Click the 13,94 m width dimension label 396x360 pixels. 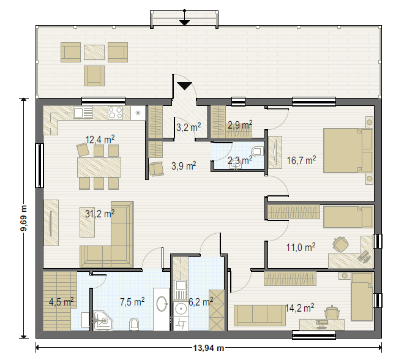[209, 348]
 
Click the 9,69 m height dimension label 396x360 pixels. [24, 218]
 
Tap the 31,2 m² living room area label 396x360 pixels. [100, 214]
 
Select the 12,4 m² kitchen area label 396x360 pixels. [100, 139]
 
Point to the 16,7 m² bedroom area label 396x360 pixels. [301, 160]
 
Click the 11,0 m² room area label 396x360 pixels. [301, 247]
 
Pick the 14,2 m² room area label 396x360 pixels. [300, 308]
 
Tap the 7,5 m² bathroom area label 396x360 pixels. [132, 302]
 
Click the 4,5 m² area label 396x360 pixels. [61, 302]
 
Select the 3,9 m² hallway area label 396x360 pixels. [184, 166]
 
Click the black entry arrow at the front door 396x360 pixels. [185, 86]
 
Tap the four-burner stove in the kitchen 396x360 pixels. [116, 113]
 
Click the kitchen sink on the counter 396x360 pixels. [83, 113]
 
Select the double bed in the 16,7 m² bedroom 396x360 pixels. [348, 151]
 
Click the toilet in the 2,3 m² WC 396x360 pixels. [257, 152]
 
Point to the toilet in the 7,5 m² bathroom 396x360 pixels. [134, 324]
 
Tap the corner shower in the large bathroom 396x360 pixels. [103, 321]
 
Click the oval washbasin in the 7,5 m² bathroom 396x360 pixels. [162, 304]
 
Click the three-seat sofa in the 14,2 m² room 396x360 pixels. [260, 315]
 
